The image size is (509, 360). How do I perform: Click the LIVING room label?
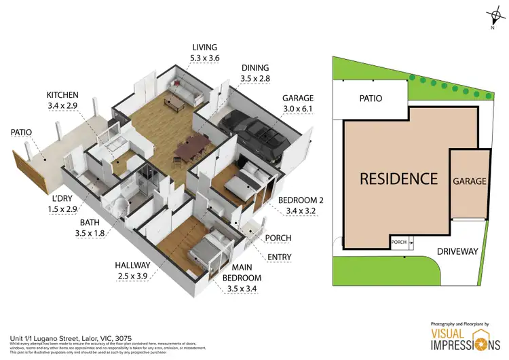[x=204, y=48]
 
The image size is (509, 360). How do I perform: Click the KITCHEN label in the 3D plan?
[x=62, y=95]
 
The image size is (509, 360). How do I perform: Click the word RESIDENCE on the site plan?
[x=398, y=179]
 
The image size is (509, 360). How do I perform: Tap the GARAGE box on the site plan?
[x=470, y=181]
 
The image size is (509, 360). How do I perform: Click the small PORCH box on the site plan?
[x=398, y=241]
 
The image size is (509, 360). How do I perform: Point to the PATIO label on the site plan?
[x=371, y=98]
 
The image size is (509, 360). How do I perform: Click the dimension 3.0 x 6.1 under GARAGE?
[x=298, y=109]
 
